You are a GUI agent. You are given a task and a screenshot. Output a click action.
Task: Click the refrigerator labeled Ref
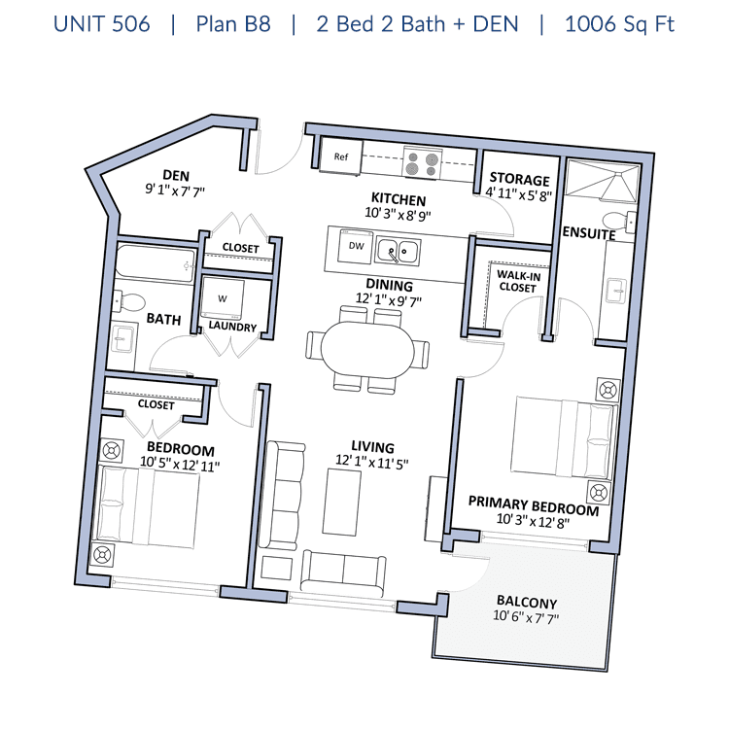341,156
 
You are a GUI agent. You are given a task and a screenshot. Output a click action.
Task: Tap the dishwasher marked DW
356,246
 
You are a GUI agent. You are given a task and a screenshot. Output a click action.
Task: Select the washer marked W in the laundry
223,298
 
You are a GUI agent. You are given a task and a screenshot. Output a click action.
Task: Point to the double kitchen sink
398,252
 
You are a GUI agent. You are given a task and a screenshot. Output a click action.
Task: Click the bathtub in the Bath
155,264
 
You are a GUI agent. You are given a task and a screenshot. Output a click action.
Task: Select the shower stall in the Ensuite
602,181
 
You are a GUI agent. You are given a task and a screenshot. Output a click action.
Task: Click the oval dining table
367,351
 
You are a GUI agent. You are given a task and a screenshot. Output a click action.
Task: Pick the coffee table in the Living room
342,503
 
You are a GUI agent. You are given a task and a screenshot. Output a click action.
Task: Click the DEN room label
176,176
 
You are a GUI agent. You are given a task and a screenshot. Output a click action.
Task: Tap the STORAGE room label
519,179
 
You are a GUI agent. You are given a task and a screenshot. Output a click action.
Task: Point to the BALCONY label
527,602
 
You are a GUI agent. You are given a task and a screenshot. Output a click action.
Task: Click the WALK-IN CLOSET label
518,282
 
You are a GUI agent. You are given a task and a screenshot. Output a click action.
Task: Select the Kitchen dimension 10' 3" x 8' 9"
398,215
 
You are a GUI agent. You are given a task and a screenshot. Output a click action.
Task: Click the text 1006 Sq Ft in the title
619,24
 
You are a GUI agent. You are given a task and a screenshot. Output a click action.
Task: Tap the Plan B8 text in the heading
233,24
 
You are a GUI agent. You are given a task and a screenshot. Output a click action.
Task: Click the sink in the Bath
123,339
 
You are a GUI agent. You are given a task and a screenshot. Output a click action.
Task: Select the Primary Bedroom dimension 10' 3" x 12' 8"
533,521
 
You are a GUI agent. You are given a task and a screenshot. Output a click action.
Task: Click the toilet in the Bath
129,301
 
